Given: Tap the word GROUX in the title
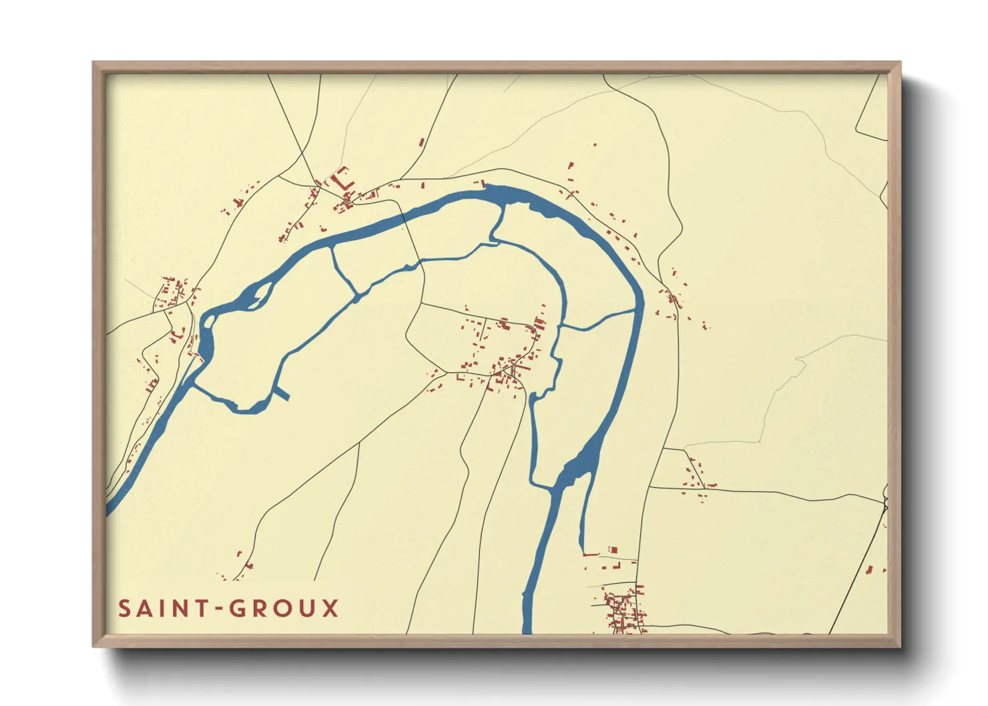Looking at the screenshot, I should pos(284,609).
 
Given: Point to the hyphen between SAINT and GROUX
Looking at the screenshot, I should pos(218,609).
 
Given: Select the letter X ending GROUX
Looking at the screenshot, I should pos(331,609).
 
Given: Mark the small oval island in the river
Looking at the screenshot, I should pos(209,322).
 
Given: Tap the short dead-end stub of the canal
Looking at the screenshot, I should pos(283,394).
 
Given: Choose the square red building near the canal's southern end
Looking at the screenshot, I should pos(613,551).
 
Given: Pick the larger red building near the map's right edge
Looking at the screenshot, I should pos(869,570).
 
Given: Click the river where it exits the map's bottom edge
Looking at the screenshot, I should pos(527,629).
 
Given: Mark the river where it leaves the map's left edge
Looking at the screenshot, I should pos(109,511).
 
